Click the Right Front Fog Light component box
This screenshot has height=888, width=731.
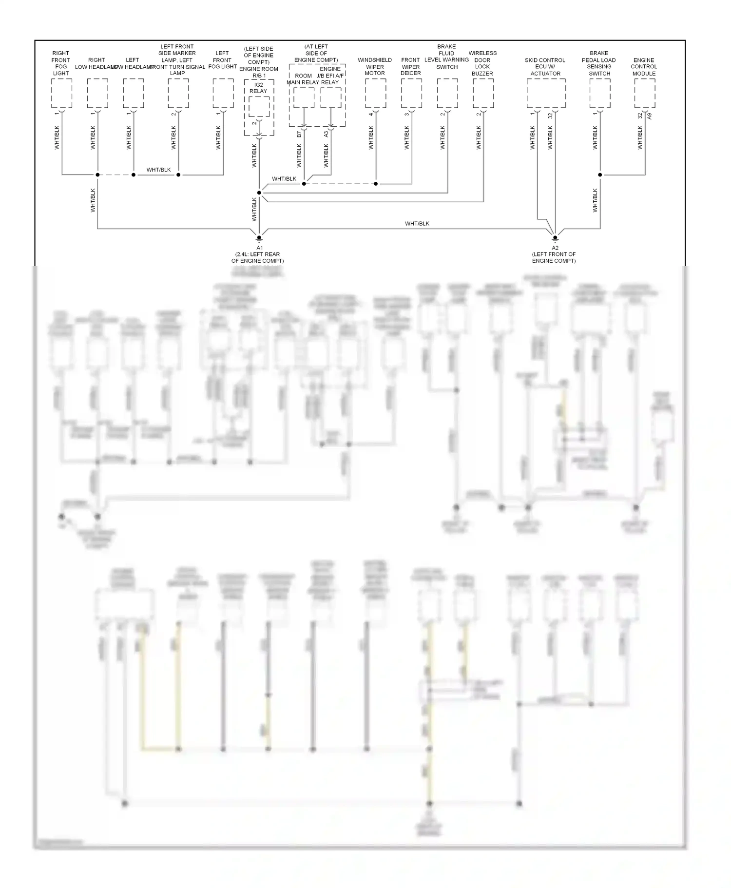click(61, 93)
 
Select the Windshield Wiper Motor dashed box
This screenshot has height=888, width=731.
click(376, 93)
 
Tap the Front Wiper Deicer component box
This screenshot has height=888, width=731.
click(411, 93)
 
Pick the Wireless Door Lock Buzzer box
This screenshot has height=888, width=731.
click(483, 93)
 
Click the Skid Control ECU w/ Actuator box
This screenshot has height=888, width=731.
click(546, 93)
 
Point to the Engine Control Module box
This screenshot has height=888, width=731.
click(644, 93)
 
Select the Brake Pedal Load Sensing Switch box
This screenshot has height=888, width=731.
click(599, 93)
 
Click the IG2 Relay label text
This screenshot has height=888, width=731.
click(258, 88)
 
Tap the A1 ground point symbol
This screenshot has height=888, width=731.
click(259, 238)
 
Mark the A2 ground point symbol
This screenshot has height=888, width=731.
click(555, 238)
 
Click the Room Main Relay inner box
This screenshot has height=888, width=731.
click(304, 97)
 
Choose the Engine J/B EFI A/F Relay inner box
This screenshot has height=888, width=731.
click(331, 97)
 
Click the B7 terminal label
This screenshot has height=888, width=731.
click(299, 134)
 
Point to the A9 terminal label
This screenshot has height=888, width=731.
click(649, 116)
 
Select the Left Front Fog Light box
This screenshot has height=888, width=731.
click(223, 93)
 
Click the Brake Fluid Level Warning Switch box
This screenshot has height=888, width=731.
click(447, 93)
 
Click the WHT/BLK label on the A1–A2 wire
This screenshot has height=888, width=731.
click(417, 224)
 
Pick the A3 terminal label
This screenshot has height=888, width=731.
click(327, 134)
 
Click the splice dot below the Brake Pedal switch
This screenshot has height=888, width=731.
click(600, 175)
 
